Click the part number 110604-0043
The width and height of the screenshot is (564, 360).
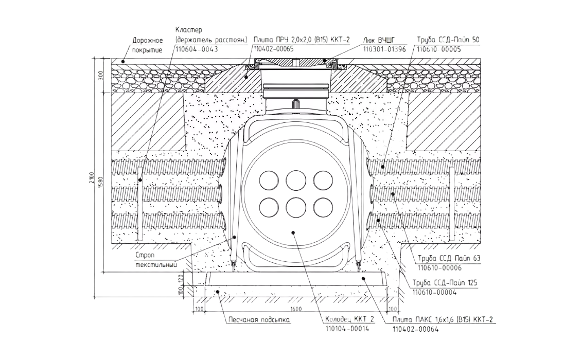pos(197,49)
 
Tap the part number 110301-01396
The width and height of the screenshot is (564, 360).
pos(384,49)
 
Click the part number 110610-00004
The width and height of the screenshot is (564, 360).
pos(434,293)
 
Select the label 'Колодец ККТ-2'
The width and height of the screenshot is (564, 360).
pos(350,319)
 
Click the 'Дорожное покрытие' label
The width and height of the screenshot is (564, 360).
pos(147,45)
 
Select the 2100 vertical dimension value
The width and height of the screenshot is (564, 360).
pos(92,178)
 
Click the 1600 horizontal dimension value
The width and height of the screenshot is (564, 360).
pos(295,309)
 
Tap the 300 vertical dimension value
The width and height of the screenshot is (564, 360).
pos(101,77)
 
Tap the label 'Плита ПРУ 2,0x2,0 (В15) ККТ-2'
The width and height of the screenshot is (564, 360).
pos(302,40)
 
